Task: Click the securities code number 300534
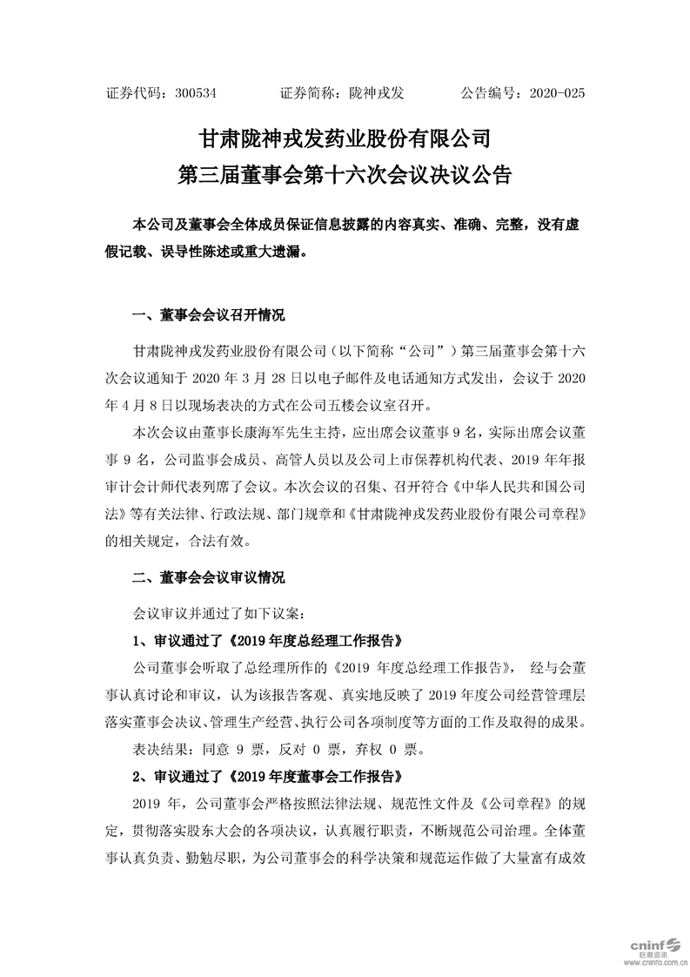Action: click(x=196, y=91)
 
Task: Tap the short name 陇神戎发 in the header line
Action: click(x=384, y=91)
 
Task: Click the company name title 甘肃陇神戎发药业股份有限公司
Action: click(x=345, y=138)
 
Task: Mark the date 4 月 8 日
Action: click(x=138, y=405)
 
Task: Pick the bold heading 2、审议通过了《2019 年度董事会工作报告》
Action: click(x=266, y=772)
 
